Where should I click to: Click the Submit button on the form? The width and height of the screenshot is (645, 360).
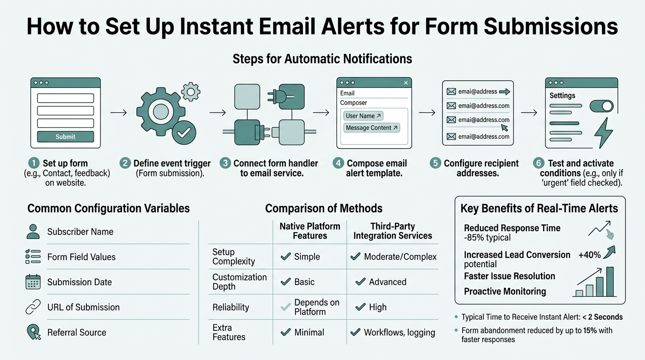click(x=65, y=137)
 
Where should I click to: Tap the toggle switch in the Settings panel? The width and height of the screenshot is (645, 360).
click(x=601, y=106)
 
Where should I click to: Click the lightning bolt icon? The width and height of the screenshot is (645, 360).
click(x=603, y=133)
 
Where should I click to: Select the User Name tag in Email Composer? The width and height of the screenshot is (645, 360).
click(x=363, y=116)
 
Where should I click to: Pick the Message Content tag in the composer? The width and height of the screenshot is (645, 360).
click(x=371, y=127)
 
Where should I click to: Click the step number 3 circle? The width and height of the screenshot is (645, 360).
click(x=226, y=163)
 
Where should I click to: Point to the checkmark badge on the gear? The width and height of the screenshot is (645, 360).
click(x=183, y=133)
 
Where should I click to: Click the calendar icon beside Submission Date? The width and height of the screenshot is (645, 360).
click(x=33, y=282)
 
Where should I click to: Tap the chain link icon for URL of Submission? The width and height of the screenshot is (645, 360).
click(x=33, y=307)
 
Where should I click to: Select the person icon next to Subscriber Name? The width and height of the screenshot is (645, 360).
click(x=33, y=231)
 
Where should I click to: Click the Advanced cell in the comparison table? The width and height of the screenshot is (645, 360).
click(x=387, y=282)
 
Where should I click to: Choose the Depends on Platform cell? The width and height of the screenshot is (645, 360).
click(x=316, y=307)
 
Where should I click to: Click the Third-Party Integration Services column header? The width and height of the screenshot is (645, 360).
click(x=392, y=231)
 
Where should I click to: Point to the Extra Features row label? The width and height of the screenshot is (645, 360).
click(x=229, y=332)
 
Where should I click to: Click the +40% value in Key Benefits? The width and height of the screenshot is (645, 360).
click(x=589, y=255)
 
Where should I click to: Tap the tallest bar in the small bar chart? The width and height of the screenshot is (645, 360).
click(x=610, y=282)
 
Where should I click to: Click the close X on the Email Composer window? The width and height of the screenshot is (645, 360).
click(x=406, y=83)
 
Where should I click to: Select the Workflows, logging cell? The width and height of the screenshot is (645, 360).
click(x=399, y=332)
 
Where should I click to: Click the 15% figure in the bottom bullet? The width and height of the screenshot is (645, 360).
click(x=590, y=330)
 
